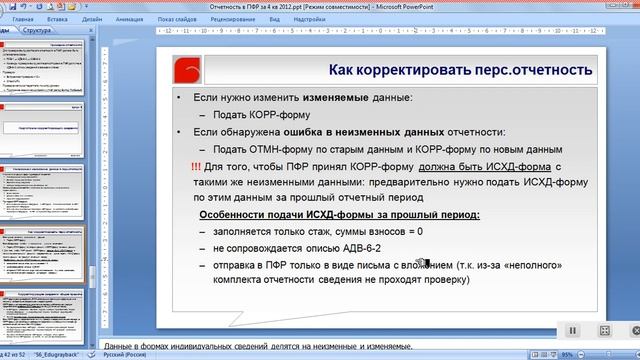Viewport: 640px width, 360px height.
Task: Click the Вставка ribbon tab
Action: [x=57, y=19]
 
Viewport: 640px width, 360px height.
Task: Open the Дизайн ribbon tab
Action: [x=91, y=19]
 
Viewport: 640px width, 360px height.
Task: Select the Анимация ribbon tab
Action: [x=130, y=19]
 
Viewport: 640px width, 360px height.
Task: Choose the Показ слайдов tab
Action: [x=177, y=19]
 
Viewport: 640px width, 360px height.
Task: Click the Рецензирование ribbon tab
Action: [x=232, y=19]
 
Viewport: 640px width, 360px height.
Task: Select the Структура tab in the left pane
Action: [x=38, y=31]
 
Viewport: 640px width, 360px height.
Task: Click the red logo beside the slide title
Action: [x=187, y=70]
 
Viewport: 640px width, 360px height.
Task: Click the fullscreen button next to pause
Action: [x=604, y=330]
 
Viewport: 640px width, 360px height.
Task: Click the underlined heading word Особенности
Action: [x=237, y=215]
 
